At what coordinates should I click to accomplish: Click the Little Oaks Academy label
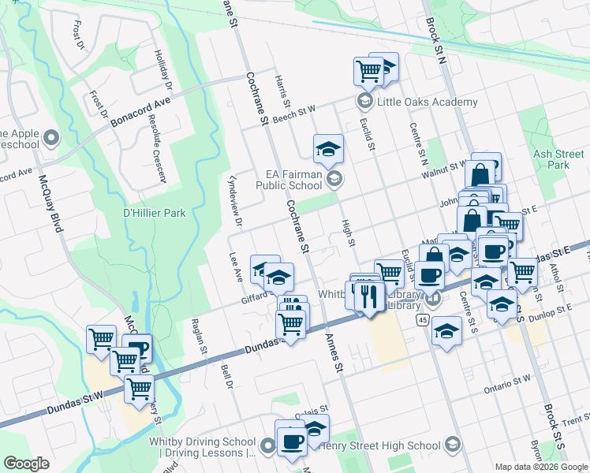427,102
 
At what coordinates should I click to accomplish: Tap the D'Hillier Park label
154,213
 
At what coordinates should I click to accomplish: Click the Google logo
26,464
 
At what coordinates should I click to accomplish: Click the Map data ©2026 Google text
540,467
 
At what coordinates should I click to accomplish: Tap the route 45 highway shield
423,319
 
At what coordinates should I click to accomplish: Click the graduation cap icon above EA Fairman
328,147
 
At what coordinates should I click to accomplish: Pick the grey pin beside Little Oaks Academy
364,101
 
